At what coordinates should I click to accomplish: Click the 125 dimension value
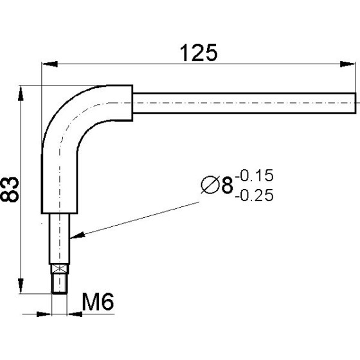coord(199,53)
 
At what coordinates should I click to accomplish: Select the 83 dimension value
coord(10,190)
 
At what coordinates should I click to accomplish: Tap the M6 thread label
coord(98,302)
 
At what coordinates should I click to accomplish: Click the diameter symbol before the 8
coord(210,185)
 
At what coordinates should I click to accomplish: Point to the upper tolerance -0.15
coord(254,175)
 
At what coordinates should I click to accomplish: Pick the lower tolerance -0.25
coord(254,195)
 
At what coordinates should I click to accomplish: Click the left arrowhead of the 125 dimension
coord(50,64)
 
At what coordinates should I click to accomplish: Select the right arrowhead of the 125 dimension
coord(347,64)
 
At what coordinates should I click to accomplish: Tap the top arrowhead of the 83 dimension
coord(21,93)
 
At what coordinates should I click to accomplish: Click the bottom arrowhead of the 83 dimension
coord(21,286)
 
